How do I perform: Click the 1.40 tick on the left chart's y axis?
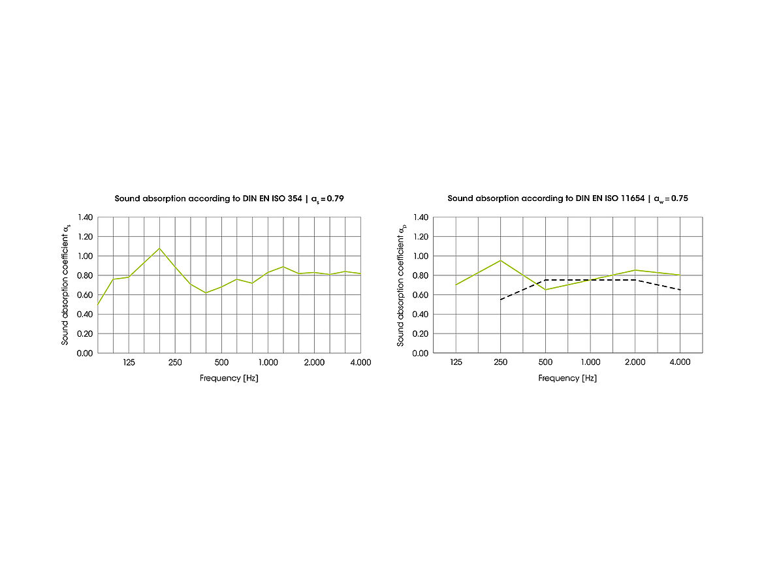[x=85, y=217]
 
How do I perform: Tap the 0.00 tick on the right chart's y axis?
[x=420, y=353]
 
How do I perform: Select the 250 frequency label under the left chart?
[x=175, y=362]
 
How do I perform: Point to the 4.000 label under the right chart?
[x=680, y=362]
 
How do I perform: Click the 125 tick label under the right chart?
[x=456, y=362]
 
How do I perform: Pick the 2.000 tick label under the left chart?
[x=314, y=362]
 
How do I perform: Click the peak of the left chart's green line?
[x=159, y=248]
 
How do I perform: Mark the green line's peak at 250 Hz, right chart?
[x=501, y=260]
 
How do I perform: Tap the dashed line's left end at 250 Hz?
[x=501, y=300]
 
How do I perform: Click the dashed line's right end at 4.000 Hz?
[x=680, y=290]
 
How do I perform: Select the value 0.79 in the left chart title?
[x=334, y=198]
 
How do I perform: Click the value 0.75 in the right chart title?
[x=679, y=198]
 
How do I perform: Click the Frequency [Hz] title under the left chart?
[x=229, y=379]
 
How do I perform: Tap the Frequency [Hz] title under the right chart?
[x=567, y=379]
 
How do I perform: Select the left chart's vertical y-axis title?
[x=66, y=285]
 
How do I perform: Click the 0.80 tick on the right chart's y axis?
[x=420, y=275]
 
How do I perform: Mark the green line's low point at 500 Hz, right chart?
[x=545, y=290]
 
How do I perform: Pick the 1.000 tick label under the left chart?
[x=268, y=362]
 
